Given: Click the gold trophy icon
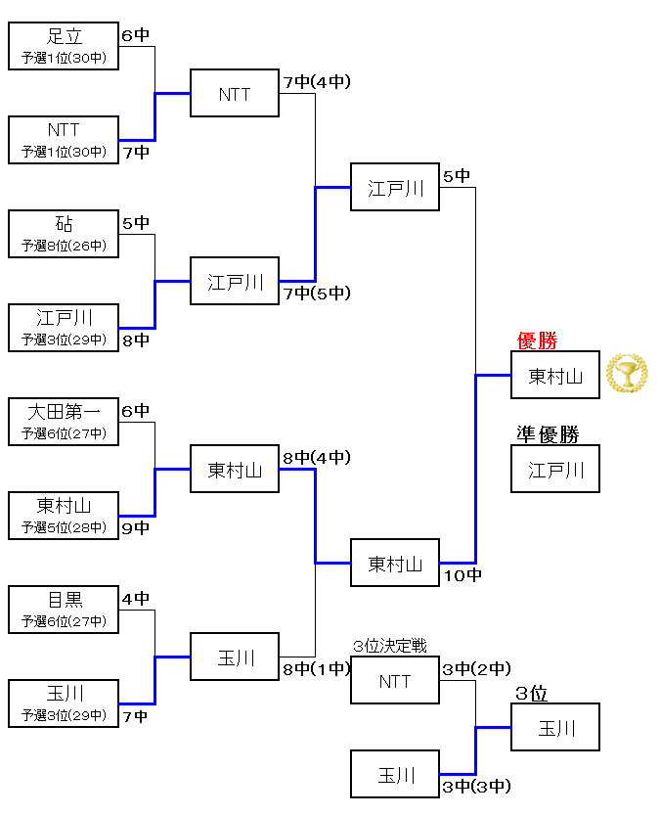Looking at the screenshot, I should point(627,374).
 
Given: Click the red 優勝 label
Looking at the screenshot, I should point(537,341).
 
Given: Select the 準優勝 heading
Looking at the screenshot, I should point(548,434).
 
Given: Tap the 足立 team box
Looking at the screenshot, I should point(64,47).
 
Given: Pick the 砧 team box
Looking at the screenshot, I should point(64,235).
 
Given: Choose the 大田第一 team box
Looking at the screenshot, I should point(64,423).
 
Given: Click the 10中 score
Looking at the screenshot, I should point(462,575).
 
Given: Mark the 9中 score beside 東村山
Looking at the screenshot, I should point(136,528).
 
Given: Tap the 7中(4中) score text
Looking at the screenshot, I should point(317,82).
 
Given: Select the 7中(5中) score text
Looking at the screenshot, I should point(317,293).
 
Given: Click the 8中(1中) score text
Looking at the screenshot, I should point(317,669).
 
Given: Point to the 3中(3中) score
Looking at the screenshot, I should point(476,786).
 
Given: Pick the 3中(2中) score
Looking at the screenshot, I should point(476,669).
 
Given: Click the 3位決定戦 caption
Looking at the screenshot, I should point(390,647).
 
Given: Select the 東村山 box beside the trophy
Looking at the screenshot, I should point(555,375).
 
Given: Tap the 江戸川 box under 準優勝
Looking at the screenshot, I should point(555,469).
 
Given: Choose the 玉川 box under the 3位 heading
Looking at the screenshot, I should point(555,727).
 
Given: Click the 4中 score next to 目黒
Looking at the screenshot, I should point(136,598).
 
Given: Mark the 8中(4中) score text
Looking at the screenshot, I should point(317,457).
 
